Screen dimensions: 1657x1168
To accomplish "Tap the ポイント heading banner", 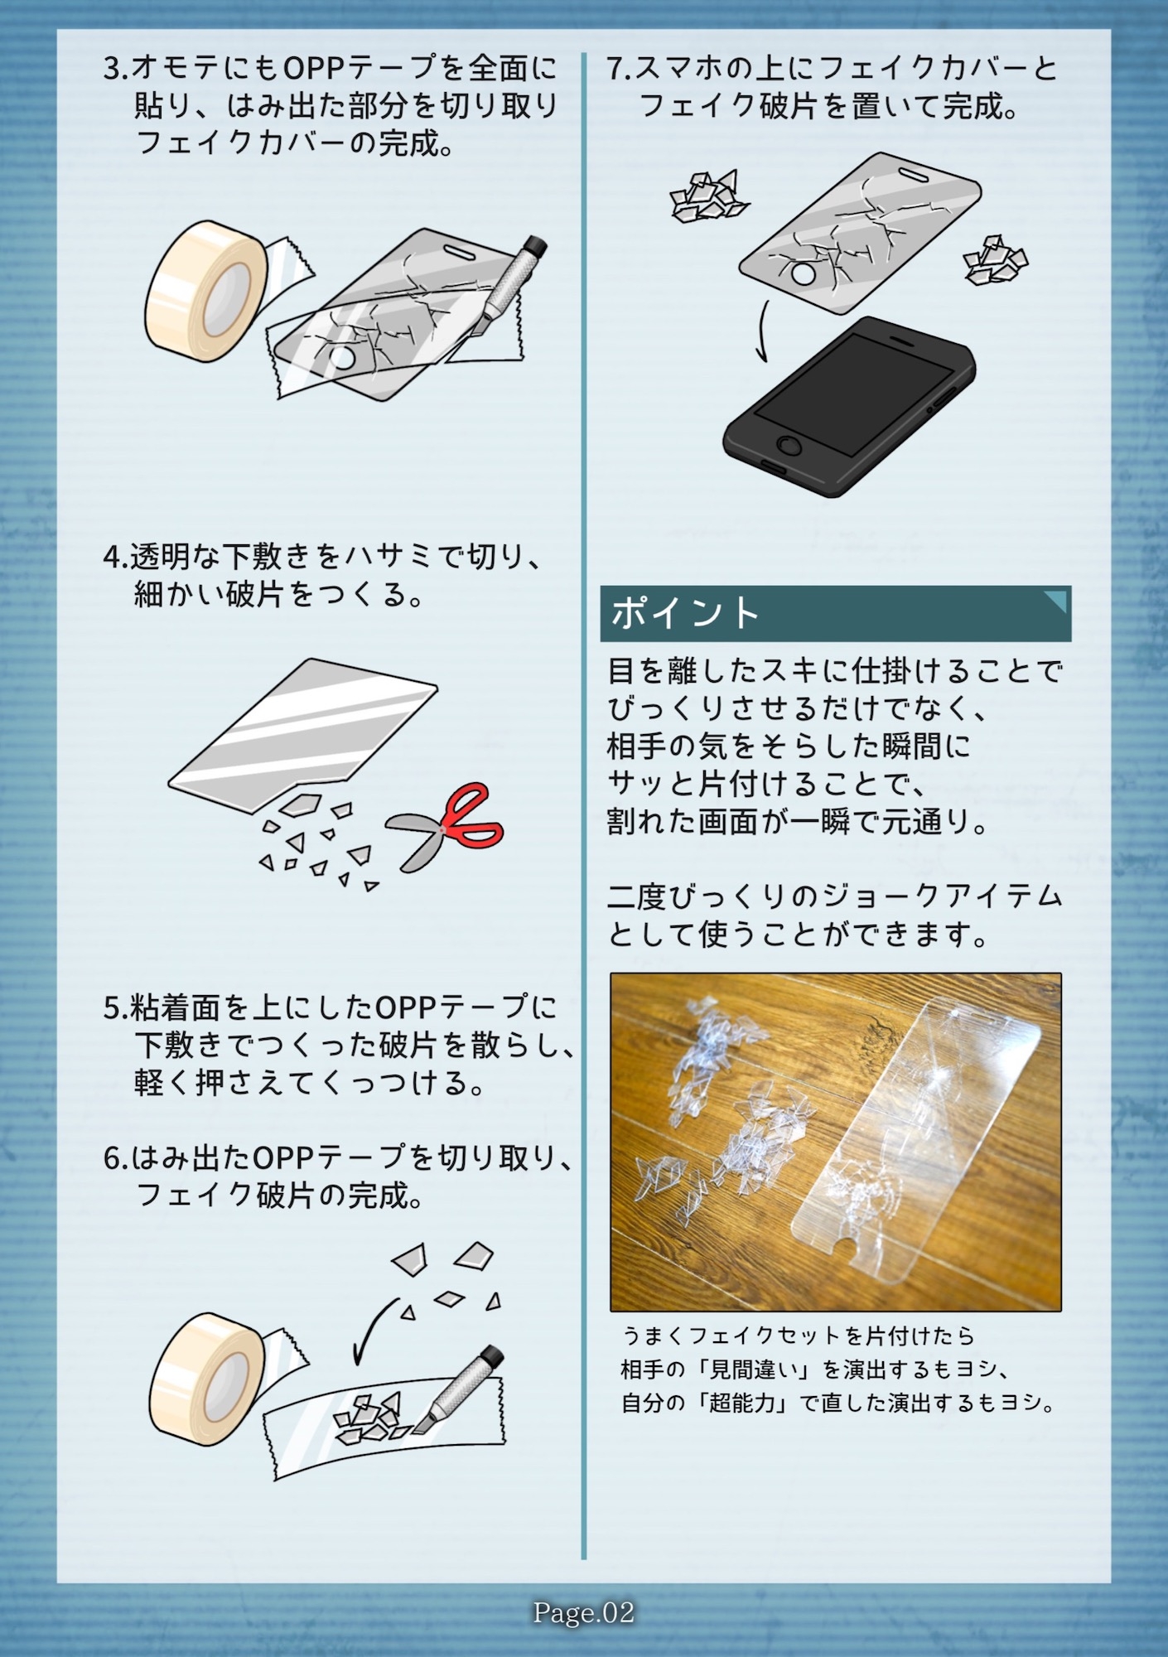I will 835,614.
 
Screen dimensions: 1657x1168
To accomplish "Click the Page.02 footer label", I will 584,1612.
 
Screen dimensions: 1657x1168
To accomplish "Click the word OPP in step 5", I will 405,1007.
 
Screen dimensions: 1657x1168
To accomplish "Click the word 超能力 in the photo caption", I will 741,1403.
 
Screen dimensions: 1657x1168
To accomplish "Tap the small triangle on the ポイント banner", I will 1056,599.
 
